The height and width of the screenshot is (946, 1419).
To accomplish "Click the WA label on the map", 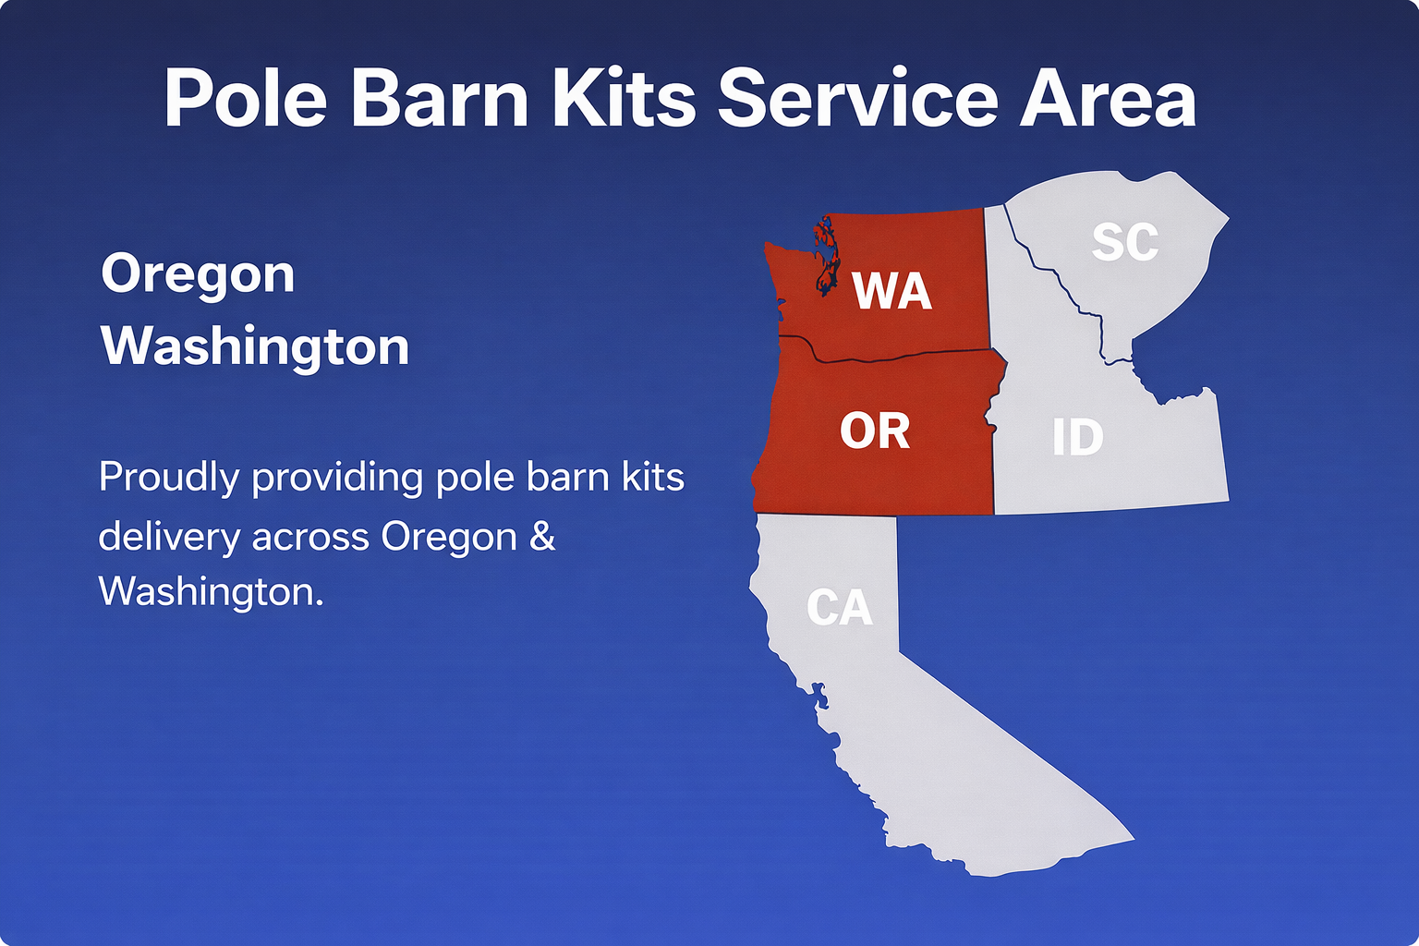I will pos(891,291).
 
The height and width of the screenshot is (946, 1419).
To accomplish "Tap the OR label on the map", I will pos(875,431).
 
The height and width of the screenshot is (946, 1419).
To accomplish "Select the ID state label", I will pos(1077,437).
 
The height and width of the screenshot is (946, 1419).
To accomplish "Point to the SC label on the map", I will pos(1124,242).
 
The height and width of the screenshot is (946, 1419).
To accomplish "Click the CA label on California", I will pos(839,608).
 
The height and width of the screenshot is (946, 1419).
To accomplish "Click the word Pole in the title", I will pos(245,98).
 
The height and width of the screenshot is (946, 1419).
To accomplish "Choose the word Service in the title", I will pos(858,98).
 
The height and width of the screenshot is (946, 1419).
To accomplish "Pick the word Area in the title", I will pos(1108,98).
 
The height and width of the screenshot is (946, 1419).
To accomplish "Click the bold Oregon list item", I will pos(198,274).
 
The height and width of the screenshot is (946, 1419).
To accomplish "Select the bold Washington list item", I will pos(255,346).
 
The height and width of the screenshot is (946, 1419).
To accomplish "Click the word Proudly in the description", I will pos(169,479).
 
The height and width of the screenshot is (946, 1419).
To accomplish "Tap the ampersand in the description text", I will pos(543,537).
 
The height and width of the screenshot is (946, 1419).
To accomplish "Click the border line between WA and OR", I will pos(905,355).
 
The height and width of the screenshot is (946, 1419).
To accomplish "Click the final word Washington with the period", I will pos(211,592).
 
